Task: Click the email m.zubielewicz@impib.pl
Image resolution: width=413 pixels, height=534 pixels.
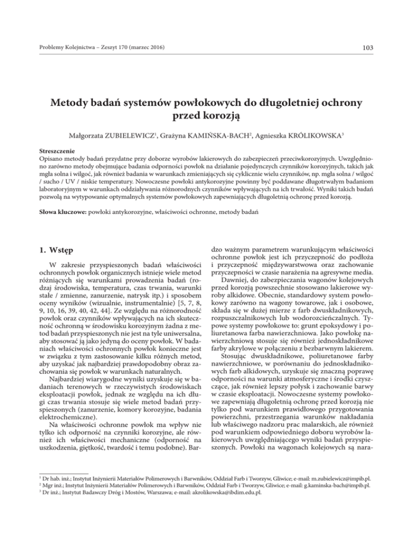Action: (x=345, y=490)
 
